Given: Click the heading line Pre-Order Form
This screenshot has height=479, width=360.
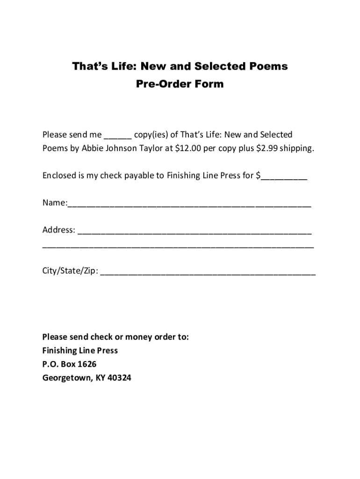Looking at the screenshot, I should pyautogui.click(x=180, y=84).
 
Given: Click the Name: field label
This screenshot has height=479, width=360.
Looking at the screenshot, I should pyautogui.click(x=55, y=203).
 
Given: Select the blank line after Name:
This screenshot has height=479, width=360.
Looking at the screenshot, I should pyautogui.click(x=189, y=204).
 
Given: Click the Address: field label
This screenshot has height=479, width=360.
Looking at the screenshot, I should pyautogui.click(x=59, y=230).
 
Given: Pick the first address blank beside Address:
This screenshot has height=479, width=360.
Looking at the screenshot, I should pyautogui.click(x=195, y=232).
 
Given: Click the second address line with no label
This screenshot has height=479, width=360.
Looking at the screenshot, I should pyautogui.click(x=178, y=246).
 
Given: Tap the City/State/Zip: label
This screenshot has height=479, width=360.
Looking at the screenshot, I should pyautogui.click(x=70, y=271).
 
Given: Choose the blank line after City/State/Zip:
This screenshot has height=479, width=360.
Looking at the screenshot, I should pyautogui.click(x=208, y=273).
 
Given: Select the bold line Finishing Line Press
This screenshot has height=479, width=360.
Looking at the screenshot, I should pyautogui.click(x=80, y=351).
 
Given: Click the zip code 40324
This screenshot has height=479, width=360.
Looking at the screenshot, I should pyautogui.click(x=120, y=378).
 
